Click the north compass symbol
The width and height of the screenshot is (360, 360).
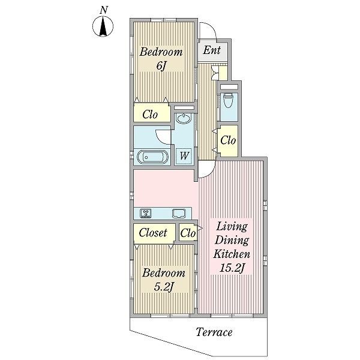click(x=103, y=26)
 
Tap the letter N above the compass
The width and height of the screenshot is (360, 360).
click(x=104, y=10)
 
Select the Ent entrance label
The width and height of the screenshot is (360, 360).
click(x=212, y=50)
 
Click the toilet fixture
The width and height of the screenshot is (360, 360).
click(x=228, y=100)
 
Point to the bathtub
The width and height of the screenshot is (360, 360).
click(x=152, y=157)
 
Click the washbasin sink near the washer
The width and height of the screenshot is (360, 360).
click(x=183, y=119)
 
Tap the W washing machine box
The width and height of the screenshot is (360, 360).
click(x=184, y=156)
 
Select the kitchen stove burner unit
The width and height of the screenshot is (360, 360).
click(x=146, y=213)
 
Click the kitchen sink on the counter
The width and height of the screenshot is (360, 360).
click(x=179, y=213)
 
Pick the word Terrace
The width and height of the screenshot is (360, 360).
click(x=214, y=332)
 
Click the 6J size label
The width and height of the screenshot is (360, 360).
click(x=161, y=66)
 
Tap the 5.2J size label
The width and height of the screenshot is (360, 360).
click(x=163, y=287)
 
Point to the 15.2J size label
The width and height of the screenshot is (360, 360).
click(x=233, y=268)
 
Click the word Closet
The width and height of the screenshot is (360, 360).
click(x=153, y=233)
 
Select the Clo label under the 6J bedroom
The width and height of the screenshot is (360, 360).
click(x=150, y=115)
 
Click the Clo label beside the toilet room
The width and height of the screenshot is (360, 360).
click(x=228, y=140)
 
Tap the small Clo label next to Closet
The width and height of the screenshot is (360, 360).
click(x=188, y=233)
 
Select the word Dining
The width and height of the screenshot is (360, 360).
click(x=232, y=241)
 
